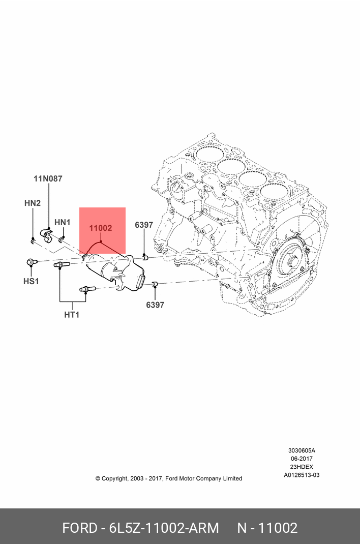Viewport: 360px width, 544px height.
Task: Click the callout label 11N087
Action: (x=48, y=178)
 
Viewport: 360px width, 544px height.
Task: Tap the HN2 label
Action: (x=32, y=203)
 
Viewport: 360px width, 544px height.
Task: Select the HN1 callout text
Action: (x=62, y=222)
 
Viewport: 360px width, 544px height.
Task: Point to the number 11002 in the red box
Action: (x=101, y=228)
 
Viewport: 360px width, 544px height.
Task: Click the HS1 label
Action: (x=31, y=281)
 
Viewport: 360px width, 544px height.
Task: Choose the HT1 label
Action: (x=72, y=315)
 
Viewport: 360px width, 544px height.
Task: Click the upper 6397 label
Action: (x=144, y=225)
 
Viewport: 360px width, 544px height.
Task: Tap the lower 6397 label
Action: (x=155, y=305)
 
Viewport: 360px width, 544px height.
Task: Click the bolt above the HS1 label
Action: (x=31, y=262)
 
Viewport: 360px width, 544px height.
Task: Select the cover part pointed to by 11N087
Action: (x=47, y=235)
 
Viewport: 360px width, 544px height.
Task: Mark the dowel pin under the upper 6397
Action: (x=144, y=258)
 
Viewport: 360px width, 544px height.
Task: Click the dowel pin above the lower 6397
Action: (x=156, y=284)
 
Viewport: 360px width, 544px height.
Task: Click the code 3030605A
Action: (x=302, y=450)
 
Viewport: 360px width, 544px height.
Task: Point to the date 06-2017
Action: (x=302, y=459)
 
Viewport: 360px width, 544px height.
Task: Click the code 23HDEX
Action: (x=302, y=467)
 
